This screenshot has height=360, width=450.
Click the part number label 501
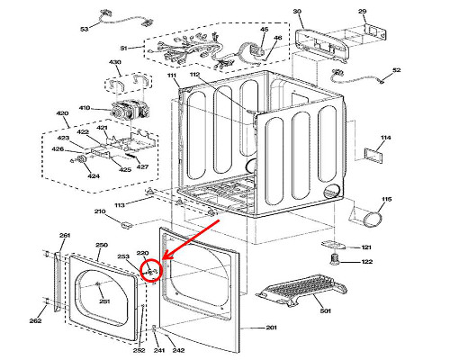pos(326,310)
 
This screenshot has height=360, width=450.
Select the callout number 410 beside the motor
pos(85,108)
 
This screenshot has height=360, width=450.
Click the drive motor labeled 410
pos(130,110)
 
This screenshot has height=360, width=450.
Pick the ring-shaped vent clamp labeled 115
pos(373,220)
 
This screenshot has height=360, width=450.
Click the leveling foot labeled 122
pos(334,259)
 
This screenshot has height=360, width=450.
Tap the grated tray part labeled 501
pos(301,290)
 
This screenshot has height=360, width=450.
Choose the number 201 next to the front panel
pos(271,328)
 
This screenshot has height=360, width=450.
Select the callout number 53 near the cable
pos(85,29)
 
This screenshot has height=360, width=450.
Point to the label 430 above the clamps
pos(114,62)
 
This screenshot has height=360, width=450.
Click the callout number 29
pos(363,12)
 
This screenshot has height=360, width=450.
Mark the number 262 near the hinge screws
pos(35,320)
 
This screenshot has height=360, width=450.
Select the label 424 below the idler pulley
pos(94,176)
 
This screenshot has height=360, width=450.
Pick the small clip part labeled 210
pos(126,224)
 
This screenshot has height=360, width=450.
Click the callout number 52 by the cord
pos(397,70)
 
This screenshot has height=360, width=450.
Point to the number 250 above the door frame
pos(102,245)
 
